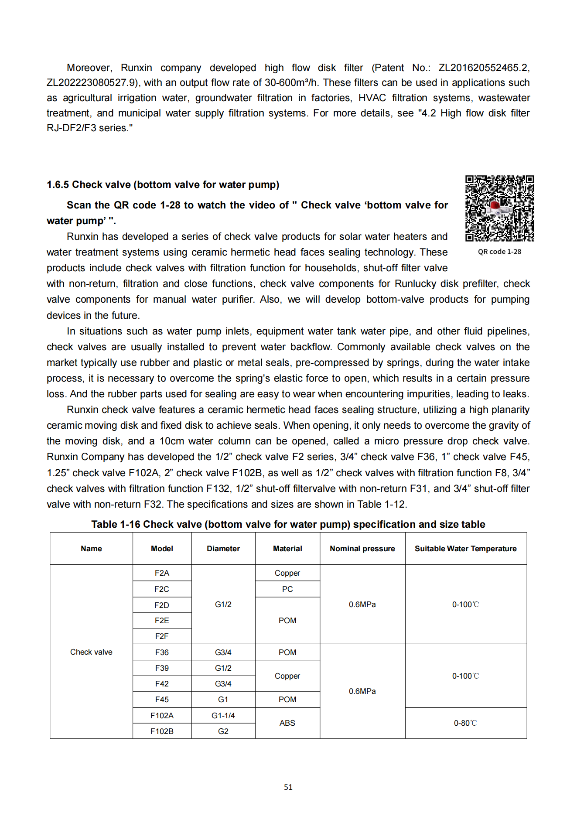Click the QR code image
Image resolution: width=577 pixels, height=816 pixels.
click(x=499, y=208)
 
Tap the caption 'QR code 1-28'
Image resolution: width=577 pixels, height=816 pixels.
click(x=499, y=252)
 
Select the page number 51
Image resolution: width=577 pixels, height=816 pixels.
click(x=288, y=787)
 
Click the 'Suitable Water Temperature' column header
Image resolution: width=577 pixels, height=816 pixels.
click(x=465, y=549)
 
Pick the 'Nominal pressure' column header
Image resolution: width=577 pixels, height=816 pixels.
click(x=362, y=549)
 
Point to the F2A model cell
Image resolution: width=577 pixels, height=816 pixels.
click(x=162, y=573)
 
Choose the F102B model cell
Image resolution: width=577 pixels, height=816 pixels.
click(x=162, y=731)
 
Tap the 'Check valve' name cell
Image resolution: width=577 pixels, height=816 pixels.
click(x=91, y=652)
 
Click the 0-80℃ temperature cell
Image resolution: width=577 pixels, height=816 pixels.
click(x=465, y=723)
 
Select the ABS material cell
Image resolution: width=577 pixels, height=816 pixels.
click(x=287, y=723)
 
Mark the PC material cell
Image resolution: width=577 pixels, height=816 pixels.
click(x=287, y=589)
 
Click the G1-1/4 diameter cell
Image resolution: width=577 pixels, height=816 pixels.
click(x=223, y=716)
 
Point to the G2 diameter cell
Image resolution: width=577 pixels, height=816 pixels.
click(x=223, y=731)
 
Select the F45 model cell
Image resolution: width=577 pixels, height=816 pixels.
click(x=162, y=700)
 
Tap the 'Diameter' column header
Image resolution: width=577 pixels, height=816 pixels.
click(x=223, y=549)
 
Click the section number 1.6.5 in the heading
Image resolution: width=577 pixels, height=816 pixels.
click(x=58, y=185)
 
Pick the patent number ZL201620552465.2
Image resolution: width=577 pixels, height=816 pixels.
click(x=483, y=68)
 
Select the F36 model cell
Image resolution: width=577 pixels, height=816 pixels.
click(x=162, y=652)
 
